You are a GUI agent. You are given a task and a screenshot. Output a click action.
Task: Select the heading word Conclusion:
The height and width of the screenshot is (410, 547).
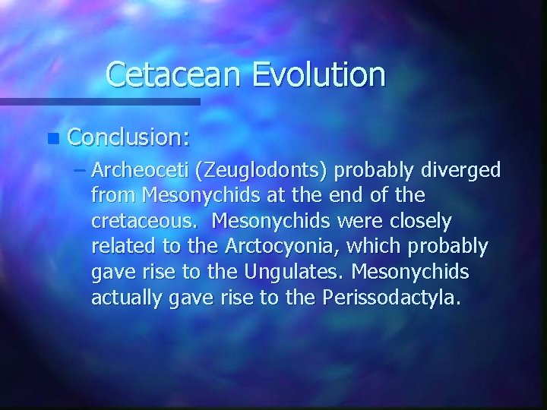click(x=129, y=137)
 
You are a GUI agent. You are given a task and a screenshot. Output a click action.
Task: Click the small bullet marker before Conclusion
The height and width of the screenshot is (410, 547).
click(x=51, y=139)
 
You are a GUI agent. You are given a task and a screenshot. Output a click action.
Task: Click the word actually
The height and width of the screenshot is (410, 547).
click(x=125, y=298)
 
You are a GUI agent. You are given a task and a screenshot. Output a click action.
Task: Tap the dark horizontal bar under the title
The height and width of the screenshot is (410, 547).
click(x=99, y=101)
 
